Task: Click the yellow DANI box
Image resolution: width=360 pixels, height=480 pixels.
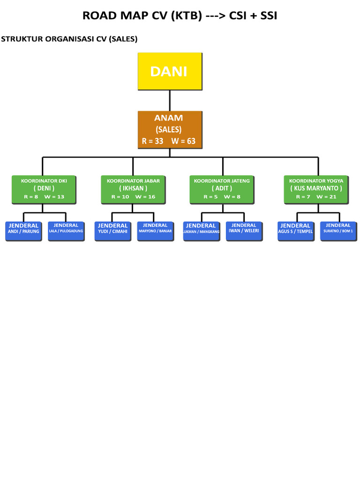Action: coord(170,71)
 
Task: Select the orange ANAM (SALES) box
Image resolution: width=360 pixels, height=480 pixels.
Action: coord(170,129)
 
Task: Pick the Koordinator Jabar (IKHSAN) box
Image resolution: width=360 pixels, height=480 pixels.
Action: coord(133,189)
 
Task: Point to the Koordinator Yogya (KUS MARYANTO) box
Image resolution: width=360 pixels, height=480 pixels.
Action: coord(316,189)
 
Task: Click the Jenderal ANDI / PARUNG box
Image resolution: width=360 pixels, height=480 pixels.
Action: coord(23,231)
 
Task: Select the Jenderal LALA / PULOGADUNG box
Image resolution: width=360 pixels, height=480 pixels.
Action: coord(66,231)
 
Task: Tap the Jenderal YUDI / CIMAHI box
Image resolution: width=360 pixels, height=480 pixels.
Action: coord(113,231)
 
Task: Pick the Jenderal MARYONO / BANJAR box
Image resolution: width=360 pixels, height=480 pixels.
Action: coord(156,231)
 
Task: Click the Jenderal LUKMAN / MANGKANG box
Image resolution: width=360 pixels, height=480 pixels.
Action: coord(201,231)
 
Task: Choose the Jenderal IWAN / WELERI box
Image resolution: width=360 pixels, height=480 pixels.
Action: coord(244,231)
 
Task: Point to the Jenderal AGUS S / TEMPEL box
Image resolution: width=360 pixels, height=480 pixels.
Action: coord(296,231)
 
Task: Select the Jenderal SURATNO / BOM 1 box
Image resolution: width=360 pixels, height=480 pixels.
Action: coord(338,231)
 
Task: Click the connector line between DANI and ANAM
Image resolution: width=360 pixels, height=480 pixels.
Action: coord(170,100)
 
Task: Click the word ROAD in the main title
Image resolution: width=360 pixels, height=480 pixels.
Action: coord(97,15)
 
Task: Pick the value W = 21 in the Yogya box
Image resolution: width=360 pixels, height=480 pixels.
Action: coord(327,196)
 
